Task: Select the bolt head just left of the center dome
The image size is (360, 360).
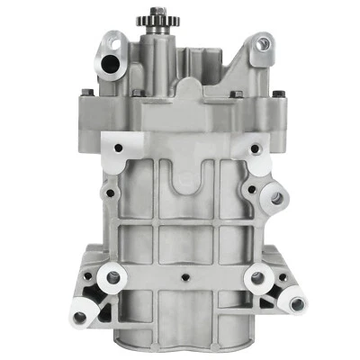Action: pyautogui.click(x=135, y=93)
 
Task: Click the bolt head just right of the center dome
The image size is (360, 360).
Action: pyautogui.click(x=231, y=94)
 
